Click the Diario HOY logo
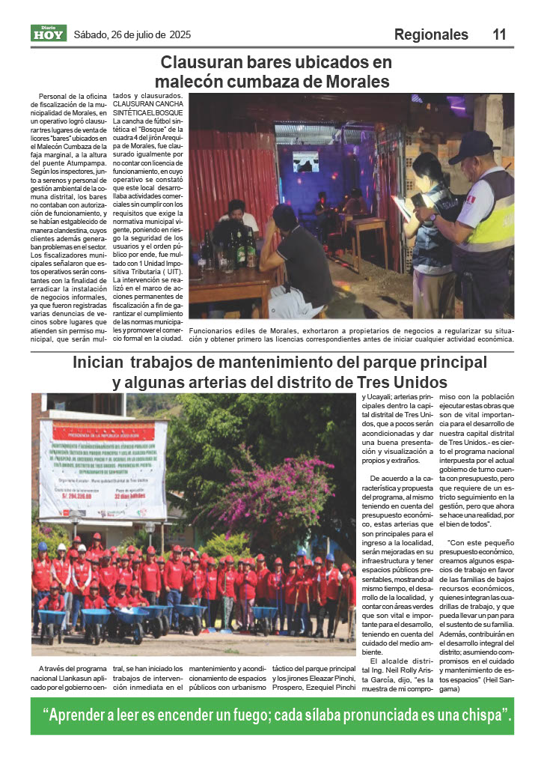click(x=49, y=34)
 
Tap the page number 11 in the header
click(x=499, y=34)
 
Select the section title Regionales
click(x=431, y=34)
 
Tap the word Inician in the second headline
click(x=98, y=363)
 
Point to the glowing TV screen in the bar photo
click(x=305, y=162)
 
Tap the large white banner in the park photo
click(x=94, y=468)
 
